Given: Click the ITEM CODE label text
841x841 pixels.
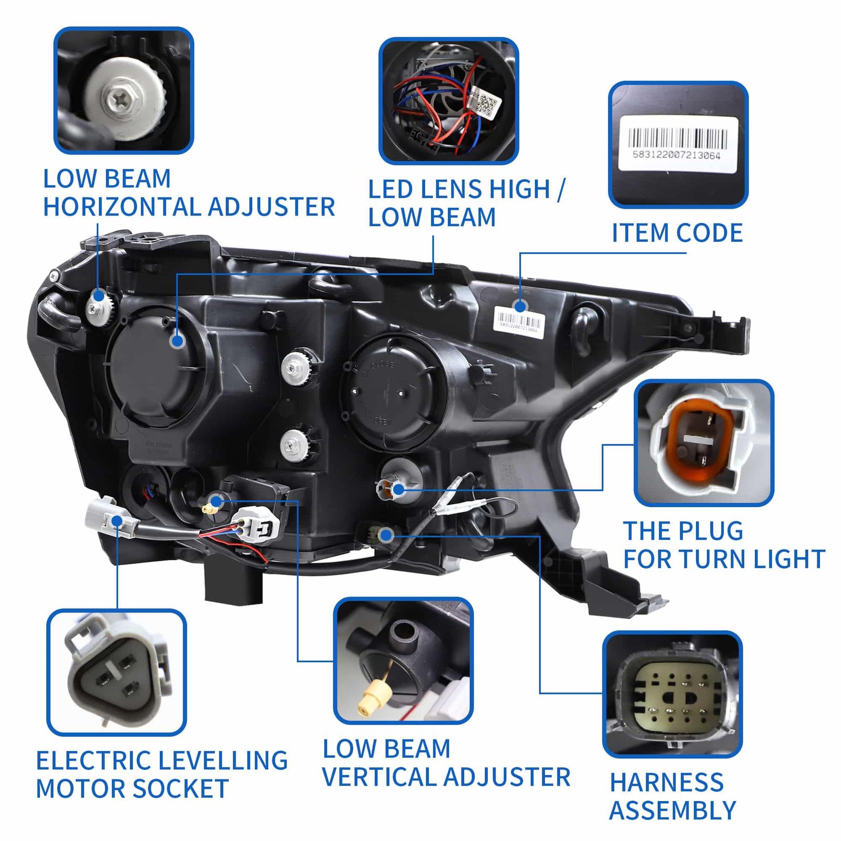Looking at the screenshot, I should [677, 233].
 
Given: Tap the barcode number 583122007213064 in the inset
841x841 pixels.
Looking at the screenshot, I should [676, 155].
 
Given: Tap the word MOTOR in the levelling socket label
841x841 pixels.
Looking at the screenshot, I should [78, 789].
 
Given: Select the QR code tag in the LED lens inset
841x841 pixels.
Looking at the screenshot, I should [484, 104].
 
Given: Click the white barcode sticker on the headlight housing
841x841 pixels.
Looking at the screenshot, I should [518, 321].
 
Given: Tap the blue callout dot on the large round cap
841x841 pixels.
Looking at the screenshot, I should [178, 341].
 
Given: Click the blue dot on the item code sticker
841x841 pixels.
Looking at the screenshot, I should [520, 306].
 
